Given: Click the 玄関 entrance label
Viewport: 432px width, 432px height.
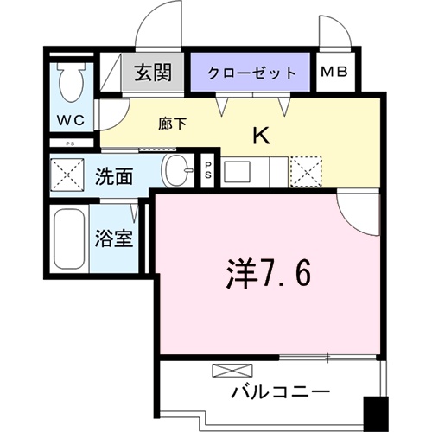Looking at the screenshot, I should tap(156, 72).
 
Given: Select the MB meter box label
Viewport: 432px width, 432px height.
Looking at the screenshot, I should tap(334, 72).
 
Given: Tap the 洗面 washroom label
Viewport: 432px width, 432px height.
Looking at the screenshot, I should tap(114, 178).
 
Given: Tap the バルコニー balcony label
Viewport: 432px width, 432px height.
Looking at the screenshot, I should tap(280, 391).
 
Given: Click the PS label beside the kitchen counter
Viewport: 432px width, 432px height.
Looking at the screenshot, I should tap(209, 169).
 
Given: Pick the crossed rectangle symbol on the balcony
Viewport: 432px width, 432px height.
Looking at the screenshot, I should tap(227, 371).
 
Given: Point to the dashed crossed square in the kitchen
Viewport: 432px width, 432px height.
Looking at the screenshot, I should tap(305, 169).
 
